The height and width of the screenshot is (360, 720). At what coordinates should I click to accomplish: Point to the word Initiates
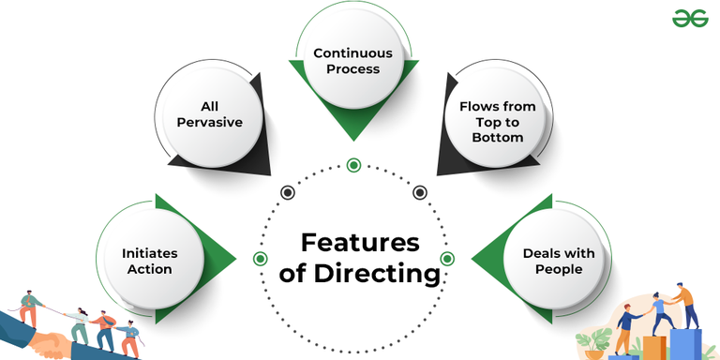tap(149, 253)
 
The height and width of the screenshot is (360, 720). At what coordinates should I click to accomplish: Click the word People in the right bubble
tap(559, 269)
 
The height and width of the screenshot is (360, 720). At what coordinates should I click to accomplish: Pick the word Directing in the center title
tap(387, 275)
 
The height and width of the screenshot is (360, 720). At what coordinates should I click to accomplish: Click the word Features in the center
tap(359, 243)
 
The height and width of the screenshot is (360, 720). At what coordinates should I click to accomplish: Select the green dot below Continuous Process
tap(353, 165)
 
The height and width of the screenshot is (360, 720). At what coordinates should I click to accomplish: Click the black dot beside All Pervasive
tap(288, 192)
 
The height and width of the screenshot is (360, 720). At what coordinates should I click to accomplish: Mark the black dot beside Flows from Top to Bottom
tap(420, 192)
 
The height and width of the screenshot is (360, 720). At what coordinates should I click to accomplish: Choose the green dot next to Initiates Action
tap(261, 258)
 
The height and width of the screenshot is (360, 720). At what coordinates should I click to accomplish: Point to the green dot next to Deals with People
tap(447, 258)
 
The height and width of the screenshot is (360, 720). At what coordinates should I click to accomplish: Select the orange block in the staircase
tap(653, 348)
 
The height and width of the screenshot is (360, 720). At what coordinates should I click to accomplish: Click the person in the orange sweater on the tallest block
tap(686, 306)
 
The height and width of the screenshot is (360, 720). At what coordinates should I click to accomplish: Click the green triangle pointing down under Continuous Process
tap(353, 122)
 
